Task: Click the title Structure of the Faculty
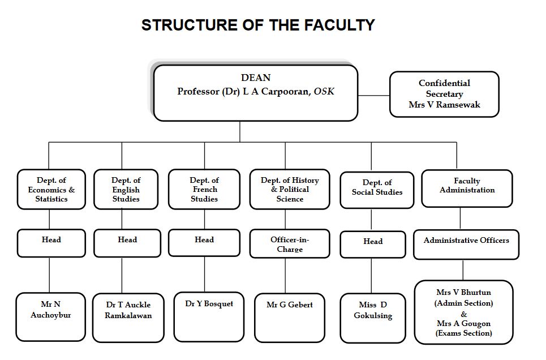pyautogui.click(x=258, y=25)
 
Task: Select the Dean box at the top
pyautogui.click(x=256, y=92)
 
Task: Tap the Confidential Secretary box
pyautogui.click(x=444, y=94)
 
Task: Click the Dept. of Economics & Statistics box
pyautogui.click(x=51, y=190)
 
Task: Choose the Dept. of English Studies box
pyautogui.click(x=126, y=190)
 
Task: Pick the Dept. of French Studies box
pyautogui.click(x=204, y=190)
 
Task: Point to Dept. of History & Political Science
pyautogui.click(x=290, y=190)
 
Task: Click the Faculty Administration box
pyautogui.click(x=467, y=187)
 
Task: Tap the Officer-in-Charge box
pyautogui.click(x=290, y=244)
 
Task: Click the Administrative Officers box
pyautogui.click(x=466, y=243)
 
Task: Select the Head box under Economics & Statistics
pyautogui.click(x=51, y=242)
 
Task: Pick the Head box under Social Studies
pyautogui.click(x=373, y=243)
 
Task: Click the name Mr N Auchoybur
pyautogui.click(x=51, y=310)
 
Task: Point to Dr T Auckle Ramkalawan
pyautogui.click(x=128, y=310)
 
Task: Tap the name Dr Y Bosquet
pyautogui.click(x=209, y=304)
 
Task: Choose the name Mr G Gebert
pyautogui.click(x=289, y=305)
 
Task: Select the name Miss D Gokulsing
pyautogui.click(x=373, y=310)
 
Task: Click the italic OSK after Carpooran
pyautogui.click(x=324, y=91)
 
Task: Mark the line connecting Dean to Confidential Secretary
pyautogui.click(x=373, y=95)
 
